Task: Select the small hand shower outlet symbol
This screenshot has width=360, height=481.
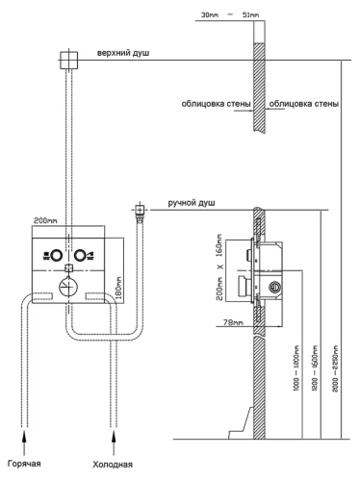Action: coord(140,210)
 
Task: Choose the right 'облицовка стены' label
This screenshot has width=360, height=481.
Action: coord(304,104)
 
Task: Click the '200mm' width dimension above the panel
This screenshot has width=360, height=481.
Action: coord(45,220)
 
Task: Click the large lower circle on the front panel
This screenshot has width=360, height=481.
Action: coord(66,284)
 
